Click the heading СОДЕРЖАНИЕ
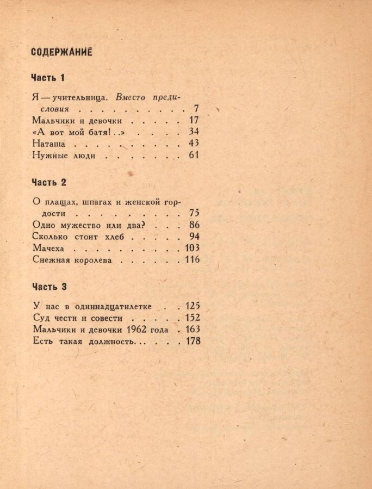(61, 52)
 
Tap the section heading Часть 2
(49, 182)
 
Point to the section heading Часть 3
(49, 287)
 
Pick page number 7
(196, 109)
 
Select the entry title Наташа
(49, 144)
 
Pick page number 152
(193, 318)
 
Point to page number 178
(193, 341)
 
